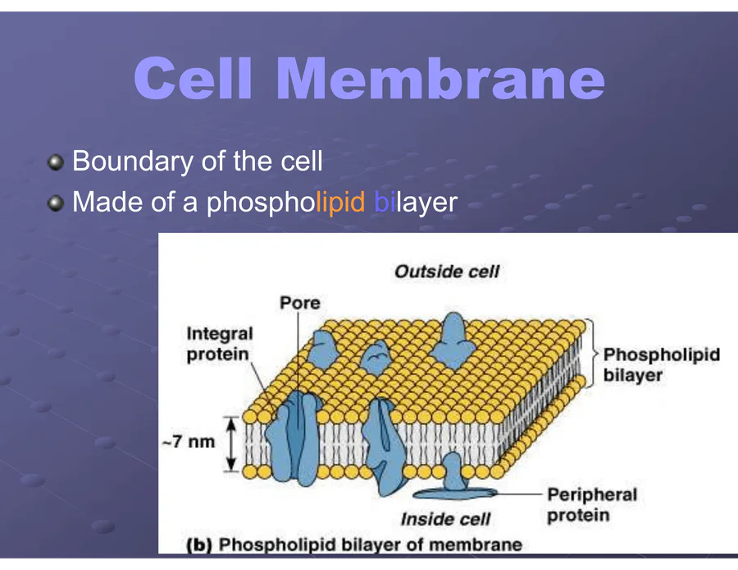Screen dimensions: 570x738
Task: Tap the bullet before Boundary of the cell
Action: [55, 162]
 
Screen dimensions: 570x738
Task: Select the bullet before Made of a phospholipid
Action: [55, 203]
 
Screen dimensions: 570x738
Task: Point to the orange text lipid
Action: [340, 202]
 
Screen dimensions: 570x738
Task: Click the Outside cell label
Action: [447, 271]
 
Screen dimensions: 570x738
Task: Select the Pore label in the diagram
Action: [300, 303]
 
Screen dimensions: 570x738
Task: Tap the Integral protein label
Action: [220, 344]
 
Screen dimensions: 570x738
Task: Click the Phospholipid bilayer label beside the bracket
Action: [661, 365]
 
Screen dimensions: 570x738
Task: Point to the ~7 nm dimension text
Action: [188, 442]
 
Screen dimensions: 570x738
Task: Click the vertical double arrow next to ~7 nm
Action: [231, 443]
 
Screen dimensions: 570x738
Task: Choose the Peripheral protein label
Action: [591, 504]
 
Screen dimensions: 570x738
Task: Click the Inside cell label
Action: [445, 518]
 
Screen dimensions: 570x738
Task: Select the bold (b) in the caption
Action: [199, 544]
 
